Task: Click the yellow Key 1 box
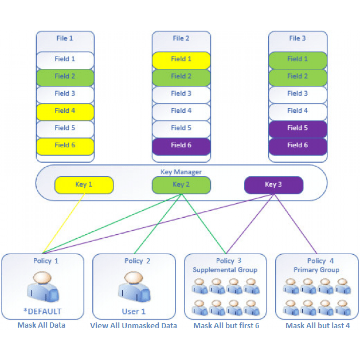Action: pyautogui.click(x=84, y=185)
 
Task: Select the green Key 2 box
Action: pyautogui.click(x=181, y=185)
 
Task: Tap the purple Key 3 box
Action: pyautogui.click(x=273, y=185)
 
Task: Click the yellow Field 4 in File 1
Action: pyautogui.click(x=65, y=111)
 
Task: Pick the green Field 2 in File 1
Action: pyautogui.click(x=65, y=77)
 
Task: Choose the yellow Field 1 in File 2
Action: pyautogui.click(x=181, y=60)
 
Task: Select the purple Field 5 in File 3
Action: pyautogui.click(x=297, y=128)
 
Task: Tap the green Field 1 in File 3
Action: pyautogui.click(x=297, y=60)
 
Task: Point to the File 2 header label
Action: pyautogui.click(x=181, y=39)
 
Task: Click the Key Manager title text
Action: pyautogui.click(x=181, y=172)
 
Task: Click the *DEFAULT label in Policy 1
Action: pyautogui.click(x=43, y=311)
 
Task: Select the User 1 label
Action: pyautogui.click(x=134, y=311)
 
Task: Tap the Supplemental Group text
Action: pyautogui.click(x=225, y=270)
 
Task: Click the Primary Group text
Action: pyautogui.click(x=316, y=270)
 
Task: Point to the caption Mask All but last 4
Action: pyautogui.click(x=317, y=326)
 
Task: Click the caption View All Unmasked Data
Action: pyautogui.click(x=134, y=326)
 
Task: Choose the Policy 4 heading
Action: pyautogui.click(x=320, y=261)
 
